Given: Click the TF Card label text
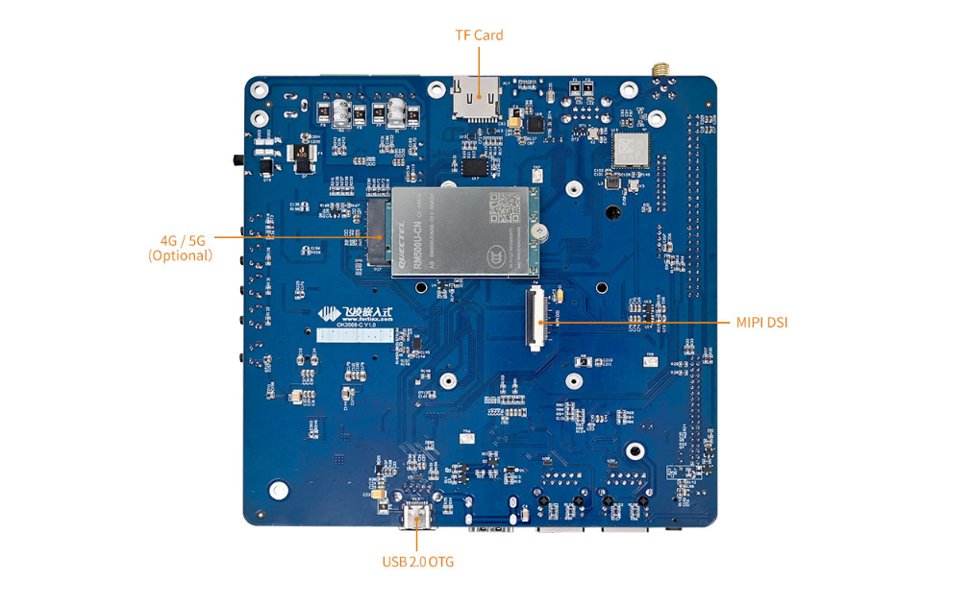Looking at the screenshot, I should pyautogui.click(x=479, y=36).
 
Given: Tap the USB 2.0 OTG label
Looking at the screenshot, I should pyautogui.click(x=417, y=562).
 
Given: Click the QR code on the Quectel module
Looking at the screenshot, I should pyautogui.click(x=505, y=208).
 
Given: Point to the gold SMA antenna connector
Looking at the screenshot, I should pyautogui.click(x=660, y=71).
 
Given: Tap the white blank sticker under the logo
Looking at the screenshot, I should pyautogui.click(x=356, y=335).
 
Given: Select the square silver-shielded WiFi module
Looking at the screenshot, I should pyautogui.click(x=631, y=150).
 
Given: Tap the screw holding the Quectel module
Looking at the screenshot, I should pyautogui.click(x=541, y=232).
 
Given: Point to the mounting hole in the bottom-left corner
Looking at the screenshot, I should pyautogui.click(x=278, y=491).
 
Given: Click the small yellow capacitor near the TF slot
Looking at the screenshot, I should pyautogui.click(x=515, y=124).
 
